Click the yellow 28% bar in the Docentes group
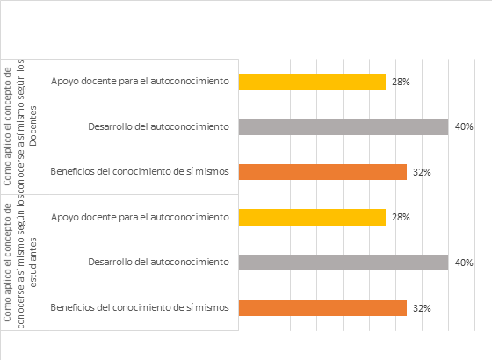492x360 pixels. [312, 82]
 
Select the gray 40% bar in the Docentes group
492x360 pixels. [344, 126]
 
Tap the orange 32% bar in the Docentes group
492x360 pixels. [322, 172]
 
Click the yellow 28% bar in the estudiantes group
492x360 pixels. [312, 217]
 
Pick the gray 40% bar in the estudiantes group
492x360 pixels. [344, 263]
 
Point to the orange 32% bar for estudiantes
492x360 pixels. [322, 308]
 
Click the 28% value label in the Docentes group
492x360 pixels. [401, 82]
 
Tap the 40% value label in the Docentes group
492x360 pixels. [464, 126]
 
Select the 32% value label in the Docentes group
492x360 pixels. [422, 172]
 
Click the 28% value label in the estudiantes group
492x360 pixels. [401, 217]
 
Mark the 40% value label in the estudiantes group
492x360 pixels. [464, 263]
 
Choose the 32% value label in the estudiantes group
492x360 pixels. [422, 308]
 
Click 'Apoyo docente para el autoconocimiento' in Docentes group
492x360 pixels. [140, 81]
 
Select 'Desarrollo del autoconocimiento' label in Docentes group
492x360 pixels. [158, 126]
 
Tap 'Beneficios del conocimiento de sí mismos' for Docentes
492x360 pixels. [140, 171]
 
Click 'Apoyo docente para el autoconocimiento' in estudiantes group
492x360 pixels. [140, 217]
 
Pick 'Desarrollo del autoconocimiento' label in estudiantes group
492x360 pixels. [158, 263]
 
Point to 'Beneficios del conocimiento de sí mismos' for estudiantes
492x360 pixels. [140, 307]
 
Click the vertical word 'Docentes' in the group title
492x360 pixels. [33, 126]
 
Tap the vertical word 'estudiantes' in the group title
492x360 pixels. [33, 263]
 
